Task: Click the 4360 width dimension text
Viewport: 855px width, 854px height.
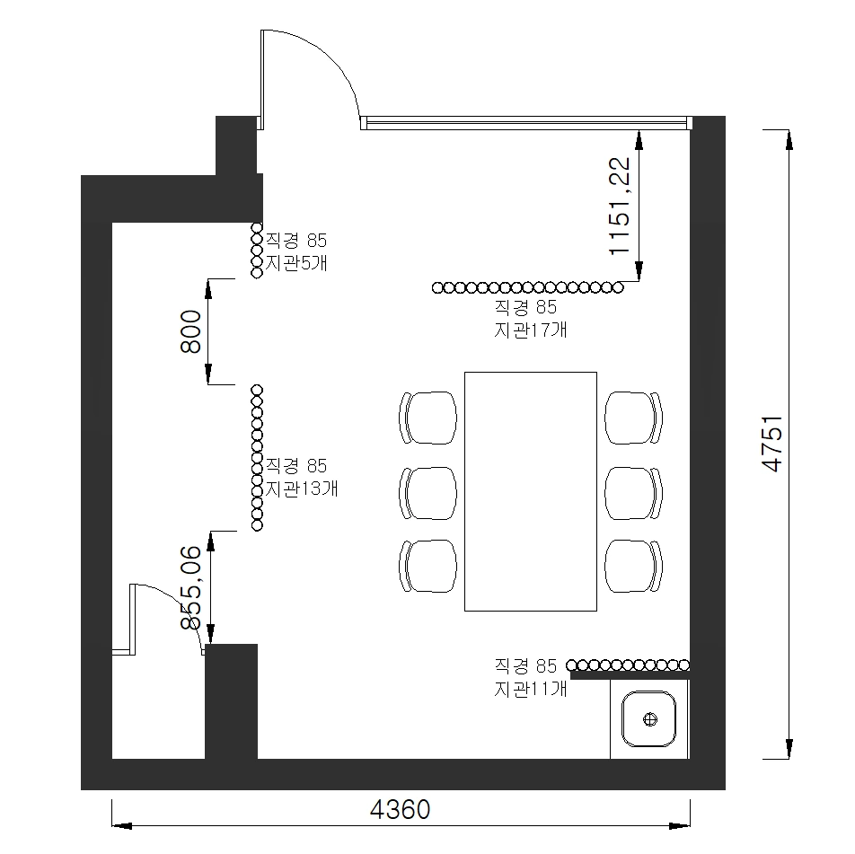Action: click(400, 809)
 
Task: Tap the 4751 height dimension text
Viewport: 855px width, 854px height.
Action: click(772, 444)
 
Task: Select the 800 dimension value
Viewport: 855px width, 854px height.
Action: click(190, 331)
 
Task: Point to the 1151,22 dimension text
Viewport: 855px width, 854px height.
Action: click(620, 206)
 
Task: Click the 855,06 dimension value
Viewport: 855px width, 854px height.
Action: click(191, 587)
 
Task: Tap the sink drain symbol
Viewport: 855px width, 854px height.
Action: click(650, 719)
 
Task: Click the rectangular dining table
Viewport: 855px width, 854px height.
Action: click(531, 491)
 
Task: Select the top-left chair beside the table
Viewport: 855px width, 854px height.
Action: click(428, 418)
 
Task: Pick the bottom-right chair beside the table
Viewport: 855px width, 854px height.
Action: click(634, 566)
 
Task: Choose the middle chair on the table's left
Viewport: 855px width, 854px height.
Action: click(428, 493)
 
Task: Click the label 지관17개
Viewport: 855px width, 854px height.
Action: click(531, 330)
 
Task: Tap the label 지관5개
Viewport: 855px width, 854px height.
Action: click(296, 263)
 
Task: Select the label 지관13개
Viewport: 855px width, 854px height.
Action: click(302, 489)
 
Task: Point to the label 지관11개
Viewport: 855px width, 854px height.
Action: click(531, 689)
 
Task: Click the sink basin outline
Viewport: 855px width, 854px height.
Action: click(649, 718)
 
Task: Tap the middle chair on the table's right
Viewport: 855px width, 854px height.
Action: click(634, 493)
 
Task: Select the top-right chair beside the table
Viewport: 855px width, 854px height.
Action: click(634, 418)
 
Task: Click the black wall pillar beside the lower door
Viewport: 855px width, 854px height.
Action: click(231, 701)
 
